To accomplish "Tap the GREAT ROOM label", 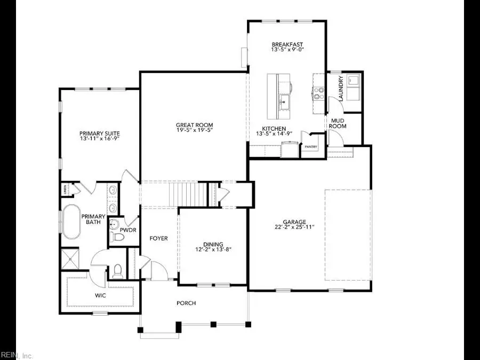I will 194,125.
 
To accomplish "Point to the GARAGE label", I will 294,221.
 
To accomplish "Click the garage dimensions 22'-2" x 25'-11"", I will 294,227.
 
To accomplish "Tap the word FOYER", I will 158,238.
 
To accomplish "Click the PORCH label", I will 186,303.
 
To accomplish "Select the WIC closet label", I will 100,294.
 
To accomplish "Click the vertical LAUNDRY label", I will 341,86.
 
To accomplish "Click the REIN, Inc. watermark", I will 17,355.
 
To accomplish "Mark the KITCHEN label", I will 274,129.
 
